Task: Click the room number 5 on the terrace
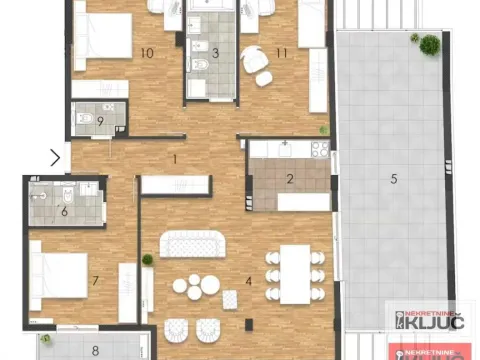coord(393,179)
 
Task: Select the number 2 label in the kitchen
coord(289,180)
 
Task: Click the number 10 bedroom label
coord(147,52)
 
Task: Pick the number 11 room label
coord(282,52)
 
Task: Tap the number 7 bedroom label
coord(94,281)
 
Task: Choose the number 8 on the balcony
coord(95,350)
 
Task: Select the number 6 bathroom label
coord(64,210)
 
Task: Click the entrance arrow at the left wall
coord(56,157)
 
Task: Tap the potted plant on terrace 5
coord(429,44)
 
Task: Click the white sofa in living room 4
coord(194,243)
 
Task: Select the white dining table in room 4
coord(294,272)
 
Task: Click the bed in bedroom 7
coord(61,271)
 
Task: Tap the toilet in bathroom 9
coord(87,121)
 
